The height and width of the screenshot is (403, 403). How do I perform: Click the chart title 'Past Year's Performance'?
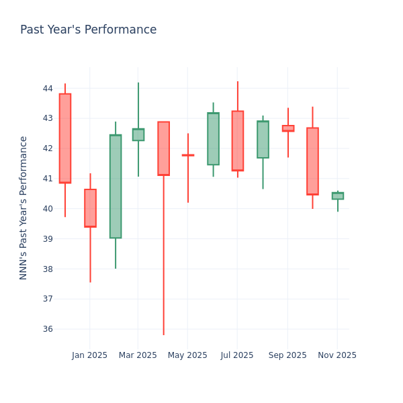click(88, 30)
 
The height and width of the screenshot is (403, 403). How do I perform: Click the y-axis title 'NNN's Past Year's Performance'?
click(24, 208)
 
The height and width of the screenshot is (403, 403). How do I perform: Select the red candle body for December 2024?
click(65, 138)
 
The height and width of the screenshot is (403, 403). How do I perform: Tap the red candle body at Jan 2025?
click(90, 208)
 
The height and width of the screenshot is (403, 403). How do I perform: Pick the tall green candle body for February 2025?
click(116, 187)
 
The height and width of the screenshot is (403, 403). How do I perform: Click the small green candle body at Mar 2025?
click(138, 134)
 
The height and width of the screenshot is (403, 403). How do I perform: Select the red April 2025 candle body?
click(163, 148)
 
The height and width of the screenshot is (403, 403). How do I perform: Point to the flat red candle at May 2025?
click(188, 155)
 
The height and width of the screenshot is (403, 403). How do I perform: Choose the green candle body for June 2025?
click(213, 139)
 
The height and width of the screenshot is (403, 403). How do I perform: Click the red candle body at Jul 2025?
click(238, 141)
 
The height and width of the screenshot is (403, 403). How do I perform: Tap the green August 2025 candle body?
click(263, 140)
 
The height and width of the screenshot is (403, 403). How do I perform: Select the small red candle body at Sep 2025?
click(288, 128)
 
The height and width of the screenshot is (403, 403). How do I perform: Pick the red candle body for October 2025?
click(312, 161)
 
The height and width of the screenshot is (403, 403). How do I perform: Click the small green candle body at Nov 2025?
click(338, 195)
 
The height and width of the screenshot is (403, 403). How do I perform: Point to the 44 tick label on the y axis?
click(48, 89)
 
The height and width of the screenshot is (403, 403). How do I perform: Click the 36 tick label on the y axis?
click(48, 329)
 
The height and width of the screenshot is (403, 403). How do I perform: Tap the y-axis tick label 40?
click(48, 209)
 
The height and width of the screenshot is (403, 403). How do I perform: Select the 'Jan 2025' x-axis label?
click(89, 355)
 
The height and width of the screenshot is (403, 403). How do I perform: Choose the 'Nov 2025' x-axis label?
click(337, 355)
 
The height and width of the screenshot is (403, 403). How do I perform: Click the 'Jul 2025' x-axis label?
click(237, 355)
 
